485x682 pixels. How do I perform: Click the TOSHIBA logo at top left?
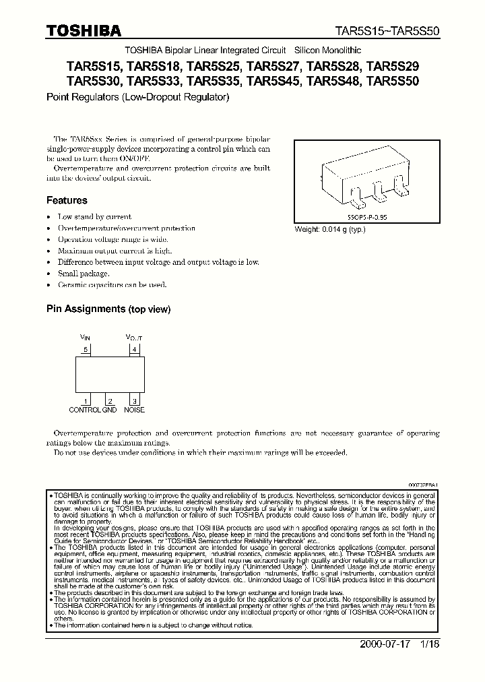tap(84, 31)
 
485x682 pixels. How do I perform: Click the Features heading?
tap(67, 200)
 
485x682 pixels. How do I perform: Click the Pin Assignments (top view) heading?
tap(108, 309)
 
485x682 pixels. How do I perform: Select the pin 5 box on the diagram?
tap(86, 349)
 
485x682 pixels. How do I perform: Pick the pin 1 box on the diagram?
tap(86, 402)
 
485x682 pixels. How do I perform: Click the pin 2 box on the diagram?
tap(110, 402)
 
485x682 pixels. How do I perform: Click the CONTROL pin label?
tap(85, 410)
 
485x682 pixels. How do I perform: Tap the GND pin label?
tap(110, 410)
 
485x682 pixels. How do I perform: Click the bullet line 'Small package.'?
tap(84, 274)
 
